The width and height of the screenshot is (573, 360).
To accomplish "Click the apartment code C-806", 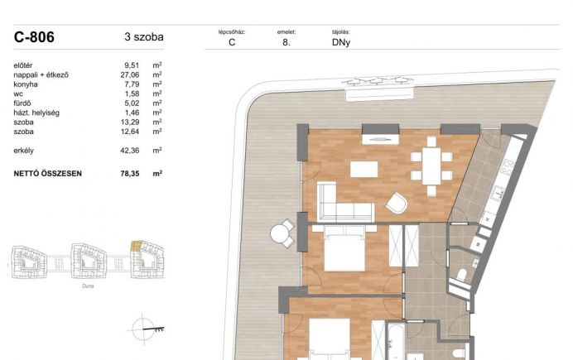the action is point(34,37).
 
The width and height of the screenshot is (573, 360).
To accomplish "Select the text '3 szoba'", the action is point(144,37).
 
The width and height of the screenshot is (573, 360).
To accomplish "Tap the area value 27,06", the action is point(130,74).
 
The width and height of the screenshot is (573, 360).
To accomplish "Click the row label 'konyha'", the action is point(26,84).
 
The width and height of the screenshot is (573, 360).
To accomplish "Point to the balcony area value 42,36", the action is point(130,151).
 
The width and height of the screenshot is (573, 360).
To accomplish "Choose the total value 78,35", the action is point(130,174).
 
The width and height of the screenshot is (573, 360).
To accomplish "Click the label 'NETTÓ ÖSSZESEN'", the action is point(47,174).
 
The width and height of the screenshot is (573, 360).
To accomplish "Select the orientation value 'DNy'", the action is point(341,42).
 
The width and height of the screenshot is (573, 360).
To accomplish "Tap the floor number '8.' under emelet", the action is point(286,42).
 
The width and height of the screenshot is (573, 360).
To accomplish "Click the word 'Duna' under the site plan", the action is point(88,286).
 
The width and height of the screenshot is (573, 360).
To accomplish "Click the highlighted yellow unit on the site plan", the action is point(137,246).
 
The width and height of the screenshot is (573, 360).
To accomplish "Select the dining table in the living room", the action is point(431,166).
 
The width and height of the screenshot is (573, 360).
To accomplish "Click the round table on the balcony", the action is point(280,233).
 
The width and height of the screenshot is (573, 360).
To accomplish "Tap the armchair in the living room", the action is point(397,203).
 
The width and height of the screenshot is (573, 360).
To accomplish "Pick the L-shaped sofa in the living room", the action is point(344,203).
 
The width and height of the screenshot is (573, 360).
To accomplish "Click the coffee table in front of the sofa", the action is point(364,170).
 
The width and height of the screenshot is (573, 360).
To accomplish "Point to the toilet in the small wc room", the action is point(462,275).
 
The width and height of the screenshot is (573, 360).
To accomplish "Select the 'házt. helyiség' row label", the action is point(36,113).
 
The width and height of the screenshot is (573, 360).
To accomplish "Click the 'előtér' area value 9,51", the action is point(132,65).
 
